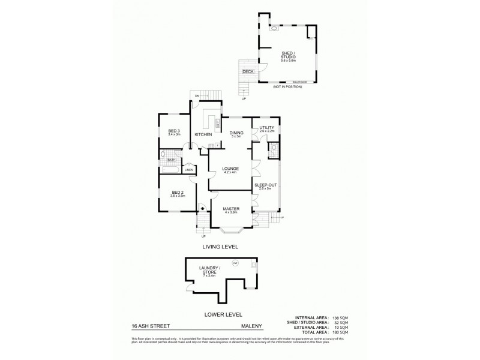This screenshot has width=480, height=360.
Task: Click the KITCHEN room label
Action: tap(203, 134)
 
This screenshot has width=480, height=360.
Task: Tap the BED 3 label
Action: tap(174, 131)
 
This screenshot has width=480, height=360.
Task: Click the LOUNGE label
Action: tap(230, 169)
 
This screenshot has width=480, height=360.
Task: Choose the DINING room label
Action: tap(236, 133)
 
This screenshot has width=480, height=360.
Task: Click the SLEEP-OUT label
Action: tap(265, 186)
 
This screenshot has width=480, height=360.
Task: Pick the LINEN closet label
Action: tap(188, 170)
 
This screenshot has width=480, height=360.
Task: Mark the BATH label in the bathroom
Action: tap(171, 160)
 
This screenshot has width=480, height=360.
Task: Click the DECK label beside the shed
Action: tap(247, 72)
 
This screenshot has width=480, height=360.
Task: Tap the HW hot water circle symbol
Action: tap(235, 263)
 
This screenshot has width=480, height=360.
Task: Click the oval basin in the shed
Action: tap(274, 28)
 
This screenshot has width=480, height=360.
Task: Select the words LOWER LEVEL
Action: tap(222, 313)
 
